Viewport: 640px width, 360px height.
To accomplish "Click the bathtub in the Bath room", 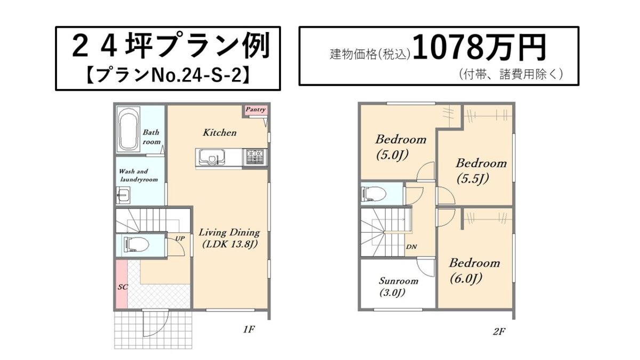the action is (x=129, y=130).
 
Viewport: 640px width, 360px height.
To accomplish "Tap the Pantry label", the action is (x=255, y=109).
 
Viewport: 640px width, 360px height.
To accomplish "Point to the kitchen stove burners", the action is (x=255, y=157).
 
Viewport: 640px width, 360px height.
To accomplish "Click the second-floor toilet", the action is (x=374, y=194).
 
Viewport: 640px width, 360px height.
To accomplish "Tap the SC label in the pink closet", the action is (x=123, y=287).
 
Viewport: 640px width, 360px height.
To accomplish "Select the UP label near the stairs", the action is (x=180, y=238).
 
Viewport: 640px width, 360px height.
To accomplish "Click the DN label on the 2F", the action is (x=411, y=246).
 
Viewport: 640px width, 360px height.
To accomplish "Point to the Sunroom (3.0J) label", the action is (x=398, y=287).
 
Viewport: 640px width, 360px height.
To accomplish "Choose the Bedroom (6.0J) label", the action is (x=474, y=271).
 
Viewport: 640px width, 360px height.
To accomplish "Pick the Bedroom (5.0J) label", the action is (x=401, y=147).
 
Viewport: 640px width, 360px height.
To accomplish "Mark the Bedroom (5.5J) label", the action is (x=481, y=171).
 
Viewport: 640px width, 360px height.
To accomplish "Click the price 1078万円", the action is (x=479, y=48).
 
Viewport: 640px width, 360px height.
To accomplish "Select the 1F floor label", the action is (x=249, y=330).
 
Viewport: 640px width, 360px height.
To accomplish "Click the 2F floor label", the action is (x=499, y=331).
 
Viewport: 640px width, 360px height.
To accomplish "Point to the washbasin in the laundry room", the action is (x=123, y=195).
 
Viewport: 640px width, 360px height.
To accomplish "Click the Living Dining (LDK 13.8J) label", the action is (x=229, y=238).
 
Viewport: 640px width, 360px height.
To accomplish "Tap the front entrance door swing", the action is (x=156, y=324).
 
